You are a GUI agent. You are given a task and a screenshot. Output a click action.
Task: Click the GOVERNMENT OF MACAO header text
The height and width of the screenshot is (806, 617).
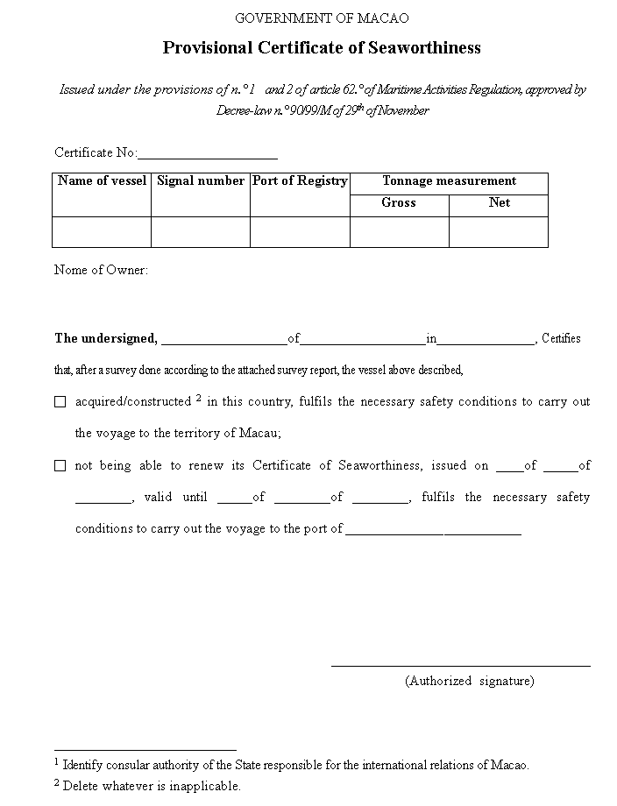click(x=322, y=18)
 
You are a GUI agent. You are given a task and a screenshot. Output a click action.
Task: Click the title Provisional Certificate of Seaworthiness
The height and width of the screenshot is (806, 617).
click(x=322, y=48)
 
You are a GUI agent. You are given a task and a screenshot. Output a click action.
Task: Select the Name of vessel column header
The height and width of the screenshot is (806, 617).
click(x=102, y=181)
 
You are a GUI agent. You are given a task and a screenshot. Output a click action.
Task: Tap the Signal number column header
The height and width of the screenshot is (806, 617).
click(x=201, y=181)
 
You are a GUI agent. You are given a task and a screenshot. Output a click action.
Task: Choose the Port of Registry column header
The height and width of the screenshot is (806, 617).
click(x=300, y=181)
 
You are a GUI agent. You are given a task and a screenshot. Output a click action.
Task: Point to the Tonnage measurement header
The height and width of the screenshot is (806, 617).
click(x=449, y=181)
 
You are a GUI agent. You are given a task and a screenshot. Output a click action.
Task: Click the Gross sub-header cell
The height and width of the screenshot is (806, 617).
click(x=399, y=203)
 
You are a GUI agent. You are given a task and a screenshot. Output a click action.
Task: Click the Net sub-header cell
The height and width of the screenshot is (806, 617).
click(x=499, y=203)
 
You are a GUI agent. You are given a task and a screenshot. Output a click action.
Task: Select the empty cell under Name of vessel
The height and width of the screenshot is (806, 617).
click(x=102, y=232)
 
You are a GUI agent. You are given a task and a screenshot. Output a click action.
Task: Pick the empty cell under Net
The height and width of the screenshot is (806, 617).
click(x=499, y=232)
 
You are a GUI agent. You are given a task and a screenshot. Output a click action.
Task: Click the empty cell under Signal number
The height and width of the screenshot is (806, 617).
click(x=201, y=232)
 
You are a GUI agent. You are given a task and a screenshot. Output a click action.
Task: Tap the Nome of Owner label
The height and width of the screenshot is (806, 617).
click(x=101, y=270)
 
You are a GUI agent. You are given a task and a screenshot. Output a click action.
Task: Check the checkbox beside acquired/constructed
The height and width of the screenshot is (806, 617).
click(x=60, y=402)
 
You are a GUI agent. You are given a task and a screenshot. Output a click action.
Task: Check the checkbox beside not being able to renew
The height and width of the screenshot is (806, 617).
click(x=60, y=466)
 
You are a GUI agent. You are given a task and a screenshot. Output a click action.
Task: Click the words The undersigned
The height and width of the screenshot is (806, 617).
click(x=105, y=339)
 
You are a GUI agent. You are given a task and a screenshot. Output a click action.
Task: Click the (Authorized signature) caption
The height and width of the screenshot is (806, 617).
click(x=469, y=681)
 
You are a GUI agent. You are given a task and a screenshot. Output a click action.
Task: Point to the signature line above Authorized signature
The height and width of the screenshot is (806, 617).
click(x=460, y=665)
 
